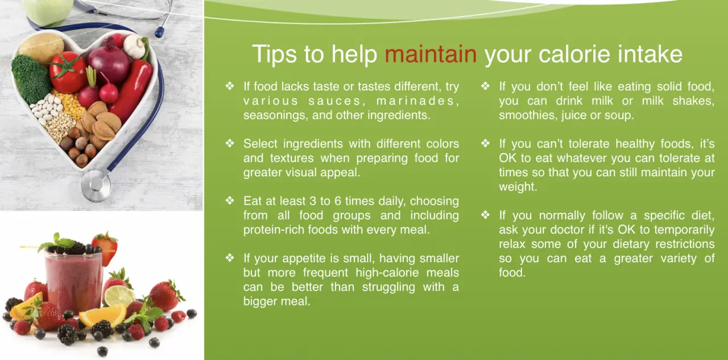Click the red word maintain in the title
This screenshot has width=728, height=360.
click(431, 54)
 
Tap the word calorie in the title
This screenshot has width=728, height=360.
click(574, 54)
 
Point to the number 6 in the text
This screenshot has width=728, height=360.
click(338, 201)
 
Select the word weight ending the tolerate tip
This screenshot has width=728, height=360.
click(518, 187)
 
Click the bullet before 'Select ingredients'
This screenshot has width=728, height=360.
click(230, 143)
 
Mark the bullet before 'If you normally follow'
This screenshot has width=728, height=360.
click(486, 215)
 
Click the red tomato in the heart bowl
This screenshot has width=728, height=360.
click(68, 72)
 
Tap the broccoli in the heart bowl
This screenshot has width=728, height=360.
click(31, 79)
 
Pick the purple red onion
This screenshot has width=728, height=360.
click(109, 62)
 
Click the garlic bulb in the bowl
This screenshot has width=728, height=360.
click(135, 46)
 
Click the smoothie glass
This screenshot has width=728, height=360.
click(74, 283)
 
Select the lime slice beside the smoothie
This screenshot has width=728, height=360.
click(119, 295)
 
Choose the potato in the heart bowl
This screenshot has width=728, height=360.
click(42, 48)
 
